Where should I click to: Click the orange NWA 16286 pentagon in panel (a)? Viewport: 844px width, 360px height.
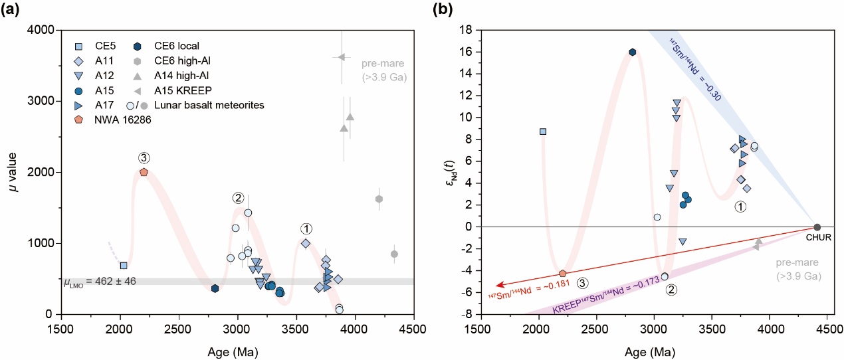click(x=144, y=172)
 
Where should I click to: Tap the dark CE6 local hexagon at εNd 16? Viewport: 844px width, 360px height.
click(x=633, y=52)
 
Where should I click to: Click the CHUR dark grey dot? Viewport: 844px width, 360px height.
click(x=817, y=227)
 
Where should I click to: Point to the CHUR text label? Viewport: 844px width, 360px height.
click(x=817, y=238)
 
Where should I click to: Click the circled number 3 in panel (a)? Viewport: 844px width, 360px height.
click(x=144, y=158)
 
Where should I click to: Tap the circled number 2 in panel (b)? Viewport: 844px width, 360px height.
click(x=672, y=290)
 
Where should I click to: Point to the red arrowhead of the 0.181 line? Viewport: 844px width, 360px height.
click(x=500, y=283)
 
